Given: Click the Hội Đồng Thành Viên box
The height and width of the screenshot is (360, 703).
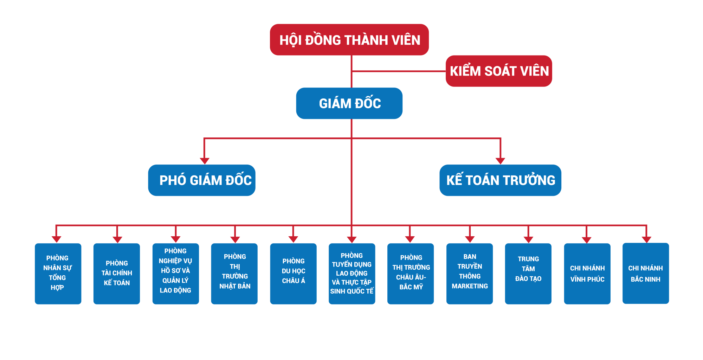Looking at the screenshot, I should (349, 40).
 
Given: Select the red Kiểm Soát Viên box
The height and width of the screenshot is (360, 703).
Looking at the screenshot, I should (499, 71).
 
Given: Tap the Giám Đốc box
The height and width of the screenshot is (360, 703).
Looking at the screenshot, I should (349, 103).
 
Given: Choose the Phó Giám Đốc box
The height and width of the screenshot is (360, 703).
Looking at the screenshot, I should (202, 180).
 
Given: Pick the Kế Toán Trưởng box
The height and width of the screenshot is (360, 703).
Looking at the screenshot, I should (500, 180).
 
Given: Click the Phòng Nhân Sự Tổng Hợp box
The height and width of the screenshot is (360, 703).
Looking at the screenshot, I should (58, 274).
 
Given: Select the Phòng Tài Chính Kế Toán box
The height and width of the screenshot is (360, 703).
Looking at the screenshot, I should (117, 274).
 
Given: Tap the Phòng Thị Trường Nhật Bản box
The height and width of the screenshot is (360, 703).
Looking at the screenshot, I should (234, 274).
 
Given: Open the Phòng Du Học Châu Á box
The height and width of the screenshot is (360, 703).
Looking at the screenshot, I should (293, 274).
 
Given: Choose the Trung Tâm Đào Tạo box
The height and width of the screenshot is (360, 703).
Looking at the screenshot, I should (528, 274).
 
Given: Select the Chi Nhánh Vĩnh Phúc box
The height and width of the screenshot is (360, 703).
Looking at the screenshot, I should (587, 274).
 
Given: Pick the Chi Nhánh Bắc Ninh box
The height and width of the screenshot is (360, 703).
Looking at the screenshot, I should (645, 274).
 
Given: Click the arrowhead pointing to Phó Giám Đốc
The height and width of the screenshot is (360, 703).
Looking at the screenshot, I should (205, 161).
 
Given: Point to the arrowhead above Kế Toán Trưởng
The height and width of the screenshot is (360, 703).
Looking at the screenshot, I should (500, 161).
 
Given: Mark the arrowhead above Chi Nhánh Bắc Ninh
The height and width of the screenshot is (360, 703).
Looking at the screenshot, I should (646, 240).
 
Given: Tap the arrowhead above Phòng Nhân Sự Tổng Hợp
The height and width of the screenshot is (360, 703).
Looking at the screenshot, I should (56, 240).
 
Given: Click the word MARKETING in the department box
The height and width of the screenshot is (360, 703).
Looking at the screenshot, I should (470, 286).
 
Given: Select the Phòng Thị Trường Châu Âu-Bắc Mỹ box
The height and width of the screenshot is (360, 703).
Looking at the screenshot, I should (411, 274).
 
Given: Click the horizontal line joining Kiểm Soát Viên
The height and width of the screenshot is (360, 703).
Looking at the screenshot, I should (399, 71).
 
